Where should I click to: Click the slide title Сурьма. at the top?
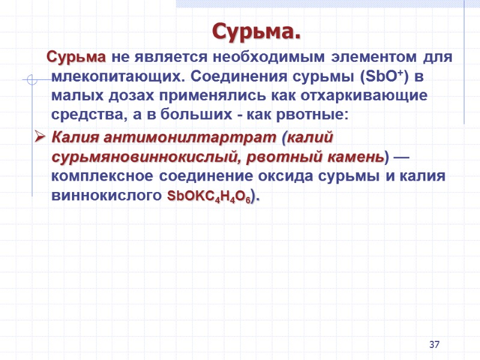tap(256, 31)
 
